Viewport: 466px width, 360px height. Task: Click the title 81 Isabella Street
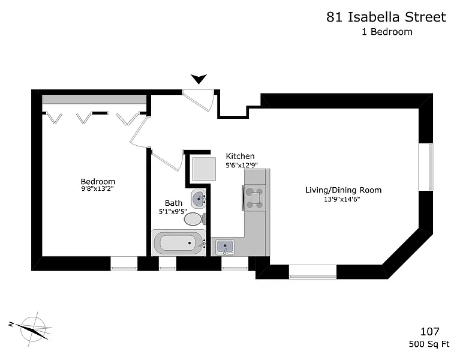pyautogui.click(x=386, y=17)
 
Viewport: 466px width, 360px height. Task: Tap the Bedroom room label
pyautogui.click(x=98, y=181)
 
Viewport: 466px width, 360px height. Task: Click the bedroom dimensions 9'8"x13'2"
pyautogui.click(x=98, y=188)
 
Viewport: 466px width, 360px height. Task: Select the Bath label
pyautogui.click(x=173, y=203)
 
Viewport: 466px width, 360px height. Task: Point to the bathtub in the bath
pyautogui.click(x=179, y=242)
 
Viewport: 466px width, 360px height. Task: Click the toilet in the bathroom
pyautogui.click(x=195, y=219)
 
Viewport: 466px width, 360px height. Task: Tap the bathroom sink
pyautogui.click(x=199, y=199)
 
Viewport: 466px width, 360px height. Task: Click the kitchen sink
pyautogui.click(x=225, y=247)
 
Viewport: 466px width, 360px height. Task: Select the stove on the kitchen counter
pyautogui.click(x=254, y=197)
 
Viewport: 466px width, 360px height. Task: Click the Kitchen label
pyautogui.click(x=240, y=156)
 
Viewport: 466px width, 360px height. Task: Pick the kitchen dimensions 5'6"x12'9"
pyautogui.click(x=241, y=165)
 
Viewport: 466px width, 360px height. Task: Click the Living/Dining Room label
pyautogui.click(x=343, y=190)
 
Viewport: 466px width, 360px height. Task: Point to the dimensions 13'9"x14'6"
pyautogui.click(x=342, y=199)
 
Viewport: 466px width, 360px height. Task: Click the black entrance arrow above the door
pyautogui.click(x=199, y=79)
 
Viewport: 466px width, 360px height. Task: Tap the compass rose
pyautogui.click(x=33, y=329)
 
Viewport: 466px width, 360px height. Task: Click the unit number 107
pyautogui.click(x=430, y=331)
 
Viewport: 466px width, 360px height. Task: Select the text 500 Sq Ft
pyautogui.click(x=429, y=344)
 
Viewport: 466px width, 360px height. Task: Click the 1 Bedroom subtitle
pyautogui.click(x=387, y=32)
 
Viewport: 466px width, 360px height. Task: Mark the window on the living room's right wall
pyautogui.click(x=426, y=167)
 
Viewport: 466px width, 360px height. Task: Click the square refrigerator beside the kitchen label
pyautogui.click(x=204, y=169)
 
